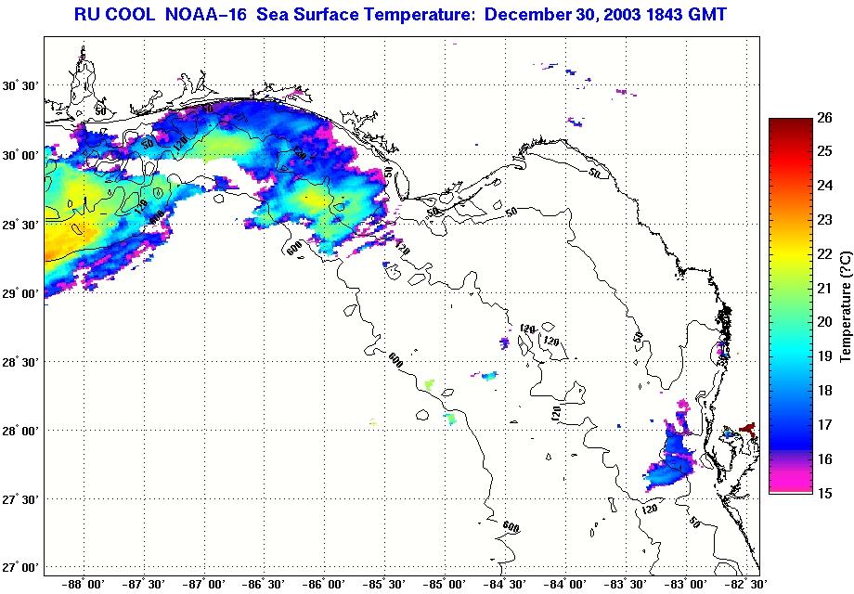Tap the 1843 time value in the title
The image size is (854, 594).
tap(649, 15)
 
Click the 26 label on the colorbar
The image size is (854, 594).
tap(823, 117)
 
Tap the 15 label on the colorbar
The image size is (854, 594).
tap(823, 493)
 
